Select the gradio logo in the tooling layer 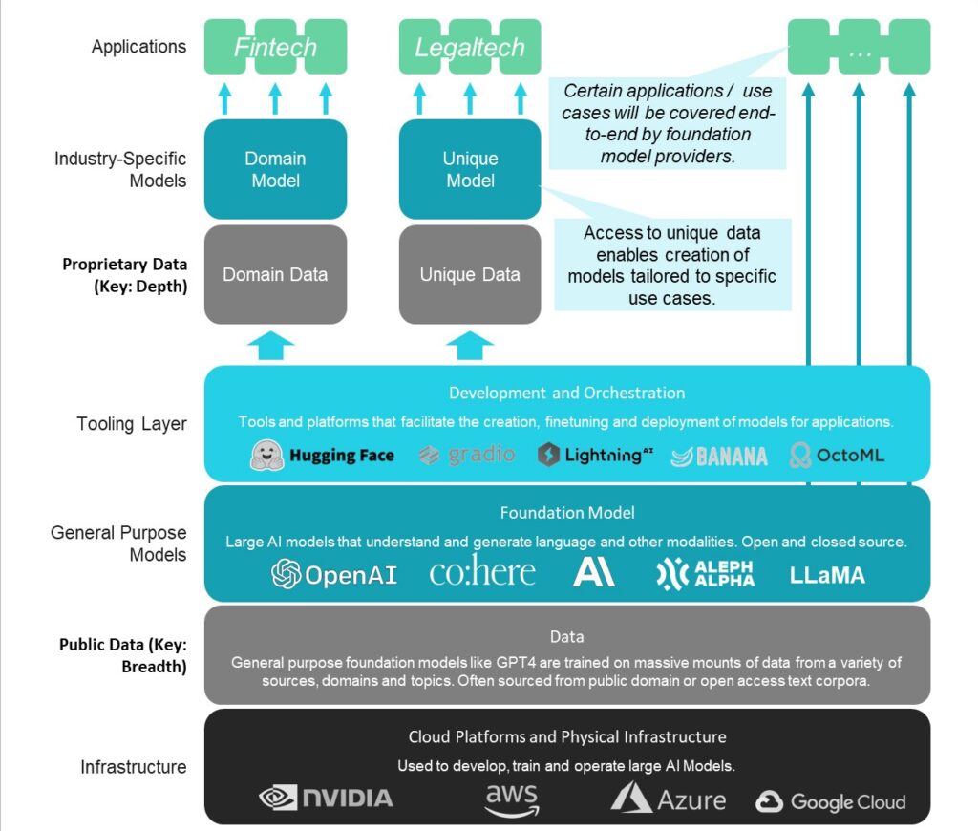click(466, 455)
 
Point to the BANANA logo click(719, 456)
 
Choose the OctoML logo click(837, 455)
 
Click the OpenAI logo click(334, 573)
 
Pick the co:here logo click(482, 572)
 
